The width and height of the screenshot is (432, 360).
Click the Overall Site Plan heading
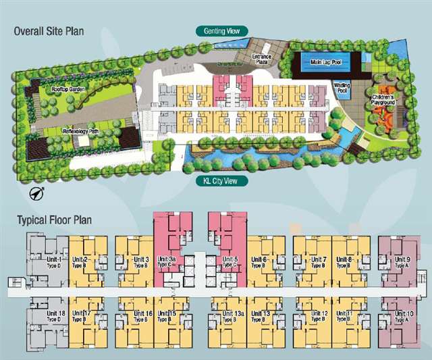(x=55, y=30)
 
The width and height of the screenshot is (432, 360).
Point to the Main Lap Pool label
(x=325, y=63)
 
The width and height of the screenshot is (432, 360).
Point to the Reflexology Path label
(x=83, y=131)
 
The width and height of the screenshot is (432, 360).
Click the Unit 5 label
(x=231, y=262)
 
